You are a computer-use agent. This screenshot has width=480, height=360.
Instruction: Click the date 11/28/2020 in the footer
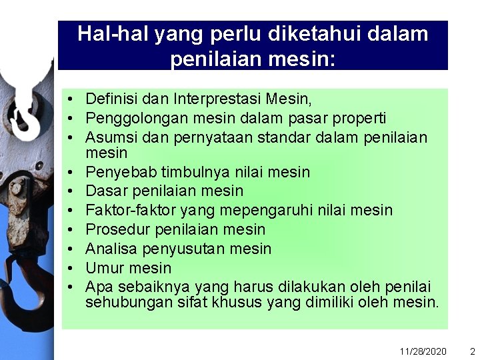coord(423,351)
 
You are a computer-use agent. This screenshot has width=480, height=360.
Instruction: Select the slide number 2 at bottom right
coord(472,351)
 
